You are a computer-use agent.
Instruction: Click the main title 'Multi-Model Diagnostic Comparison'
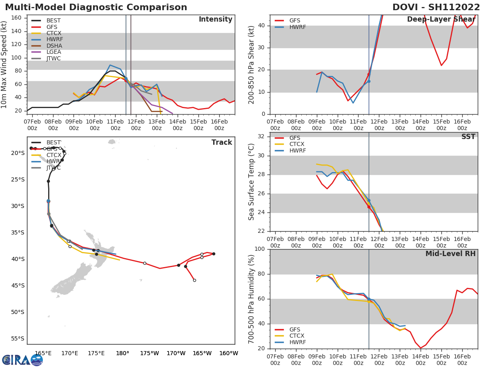tap(96, 7)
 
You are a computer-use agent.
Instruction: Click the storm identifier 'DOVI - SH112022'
tap(436, 7)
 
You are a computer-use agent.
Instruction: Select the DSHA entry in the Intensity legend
tap(54, 46)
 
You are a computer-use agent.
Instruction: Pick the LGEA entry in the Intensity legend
tap(54, 52)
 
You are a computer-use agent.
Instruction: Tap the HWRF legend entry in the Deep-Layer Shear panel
tap(297, 27)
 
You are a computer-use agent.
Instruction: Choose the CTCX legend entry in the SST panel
tap(297, 144)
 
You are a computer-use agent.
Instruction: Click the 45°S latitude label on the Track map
tap(18, 285)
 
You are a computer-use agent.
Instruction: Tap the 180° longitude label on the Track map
tap(122, 353)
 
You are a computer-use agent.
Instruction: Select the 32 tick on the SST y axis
tap(263, 137)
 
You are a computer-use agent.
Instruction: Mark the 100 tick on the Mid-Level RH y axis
tap(261, 249)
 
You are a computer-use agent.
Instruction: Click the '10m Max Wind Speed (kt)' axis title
tap(4, 64)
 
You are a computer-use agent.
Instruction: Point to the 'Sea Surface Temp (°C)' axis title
tap(252, 182)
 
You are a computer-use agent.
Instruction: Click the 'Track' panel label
tap(222, 142)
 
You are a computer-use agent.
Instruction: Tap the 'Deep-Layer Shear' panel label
tap(441, 20)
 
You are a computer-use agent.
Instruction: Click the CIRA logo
tap(22, 360)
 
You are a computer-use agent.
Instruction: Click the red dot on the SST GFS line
tap(369, 207)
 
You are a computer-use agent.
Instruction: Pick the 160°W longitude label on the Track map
tap(229, 353)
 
